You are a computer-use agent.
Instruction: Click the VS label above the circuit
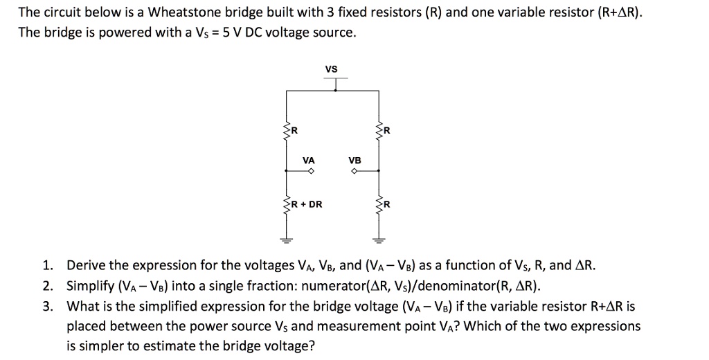[x=331, y=69]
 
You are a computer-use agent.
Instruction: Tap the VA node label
[x=309, y=160]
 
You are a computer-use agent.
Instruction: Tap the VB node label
[x=354, y=160]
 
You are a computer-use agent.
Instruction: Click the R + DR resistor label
[x=306, y=204]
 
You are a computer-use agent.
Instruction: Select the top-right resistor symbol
[x=378, y=129]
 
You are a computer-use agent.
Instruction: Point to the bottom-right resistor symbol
[x=378, y=204]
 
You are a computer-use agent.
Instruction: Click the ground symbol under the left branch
[x=283, y=240]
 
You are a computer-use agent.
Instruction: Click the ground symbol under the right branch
[x=378, y=240]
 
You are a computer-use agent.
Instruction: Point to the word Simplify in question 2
[x=91, y=286]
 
